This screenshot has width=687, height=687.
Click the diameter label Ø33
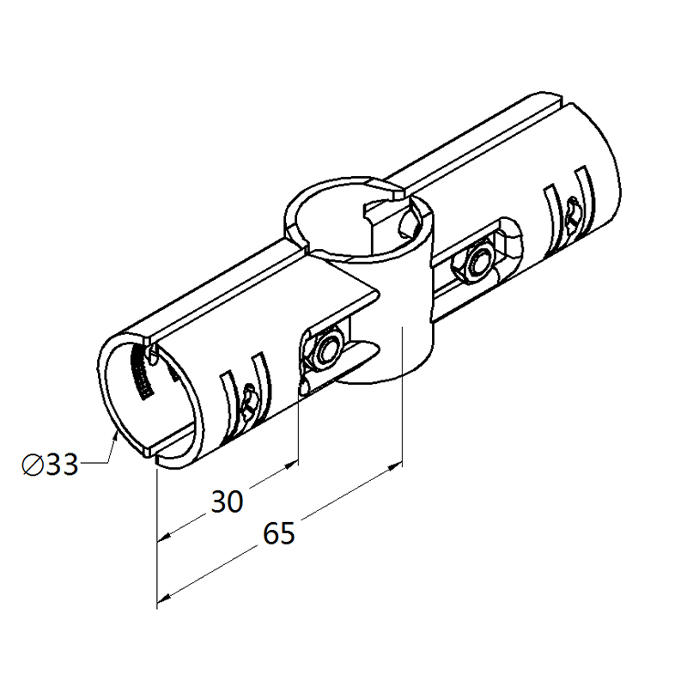pyautogui.click(x=51, y=464)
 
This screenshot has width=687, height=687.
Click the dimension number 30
pyautogui.click(x=227, y=502)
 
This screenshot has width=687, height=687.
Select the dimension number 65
pyautogui.click(x=278, y=533)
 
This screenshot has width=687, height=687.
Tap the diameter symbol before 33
pyautogui.click(x=32, y=465)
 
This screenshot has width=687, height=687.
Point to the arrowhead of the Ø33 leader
pyautogui.click(x=115, y=436)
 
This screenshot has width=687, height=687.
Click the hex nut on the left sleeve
pyautogui.click(x=326, y=350)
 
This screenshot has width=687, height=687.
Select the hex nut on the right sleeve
pyautogui.click(x=476, y=264)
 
